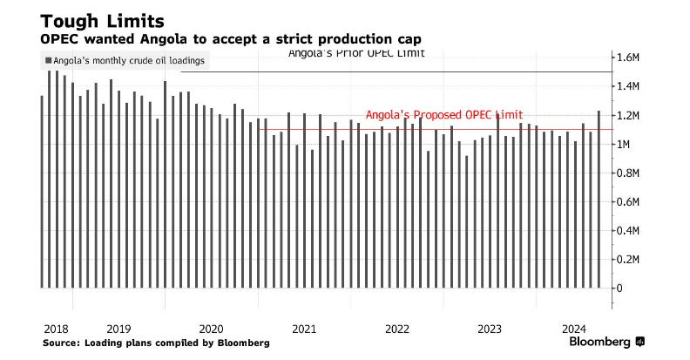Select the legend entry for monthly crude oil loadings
[124, 61]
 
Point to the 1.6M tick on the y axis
[629, 58]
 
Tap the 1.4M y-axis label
[629, 86]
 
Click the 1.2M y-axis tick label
[629, 115]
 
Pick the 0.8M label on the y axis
[629, 173]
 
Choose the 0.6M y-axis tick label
[629, 201]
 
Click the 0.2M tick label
[629, 259]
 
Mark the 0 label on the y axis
[620, 288]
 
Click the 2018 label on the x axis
[56, 329]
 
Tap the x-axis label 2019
[118, 329]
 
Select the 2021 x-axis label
[304, 329]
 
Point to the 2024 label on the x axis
[573, 329]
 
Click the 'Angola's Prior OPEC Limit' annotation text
[356, 55]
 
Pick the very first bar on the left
[42, 192]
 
